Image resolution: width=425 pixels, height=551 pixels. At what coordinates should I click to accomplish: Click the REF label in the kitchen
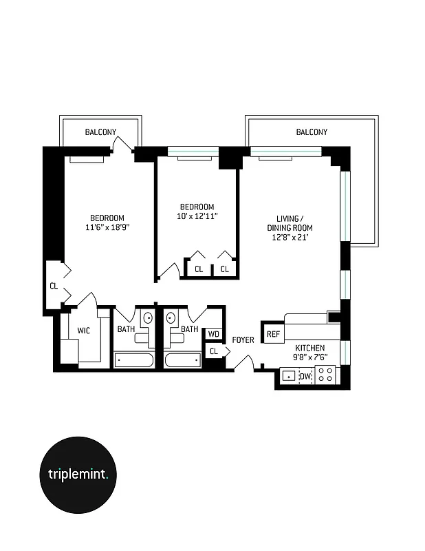(273, 335)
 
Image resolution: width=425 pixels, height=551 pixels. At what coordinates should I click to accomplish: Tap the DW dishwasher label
(305, 376)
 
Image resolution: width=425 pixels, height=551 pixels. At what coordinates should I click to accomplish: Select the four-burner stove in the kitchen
(325, 375)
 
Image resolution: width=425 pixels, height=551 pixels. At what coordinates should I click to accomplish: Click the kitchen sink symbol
(289, 376)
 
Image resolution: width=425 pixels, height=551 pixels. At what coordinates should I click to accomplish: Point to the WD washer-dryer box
(214, 334)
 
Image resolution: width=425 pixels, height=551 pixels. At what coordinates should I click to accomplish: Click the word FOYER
(243, 340)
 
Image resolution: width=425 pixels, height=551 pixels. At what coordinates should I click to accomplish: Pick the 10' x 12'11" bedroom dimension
(197, 216)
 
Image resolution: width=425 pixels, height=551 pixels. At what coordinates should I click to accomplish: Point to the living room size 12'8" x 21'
(290, 238)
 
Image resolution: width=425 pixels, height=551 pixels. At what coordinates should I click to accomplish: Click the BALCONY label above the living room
(312, 132)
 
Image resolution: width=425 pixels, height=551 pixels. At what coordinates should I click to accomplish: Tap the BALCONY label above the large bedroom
(100, 132)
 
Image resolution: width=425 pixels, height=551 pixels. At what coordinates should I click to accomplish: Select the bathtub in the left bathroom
(135, 360)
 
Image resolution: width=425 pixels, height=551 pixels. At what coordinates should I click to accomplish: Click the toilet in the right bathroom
(171, 319)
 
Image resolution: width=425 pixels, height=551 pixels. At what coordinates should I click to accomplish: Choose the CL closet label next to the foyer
(214, 351)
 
